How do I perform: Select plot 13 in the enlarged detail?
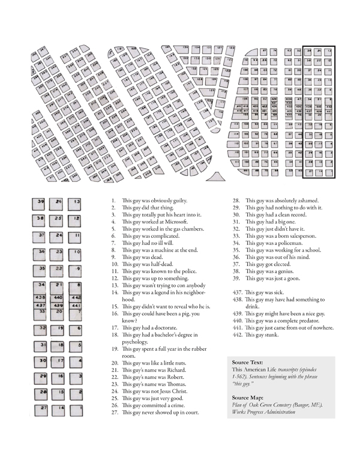click(x=75, y=202)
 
